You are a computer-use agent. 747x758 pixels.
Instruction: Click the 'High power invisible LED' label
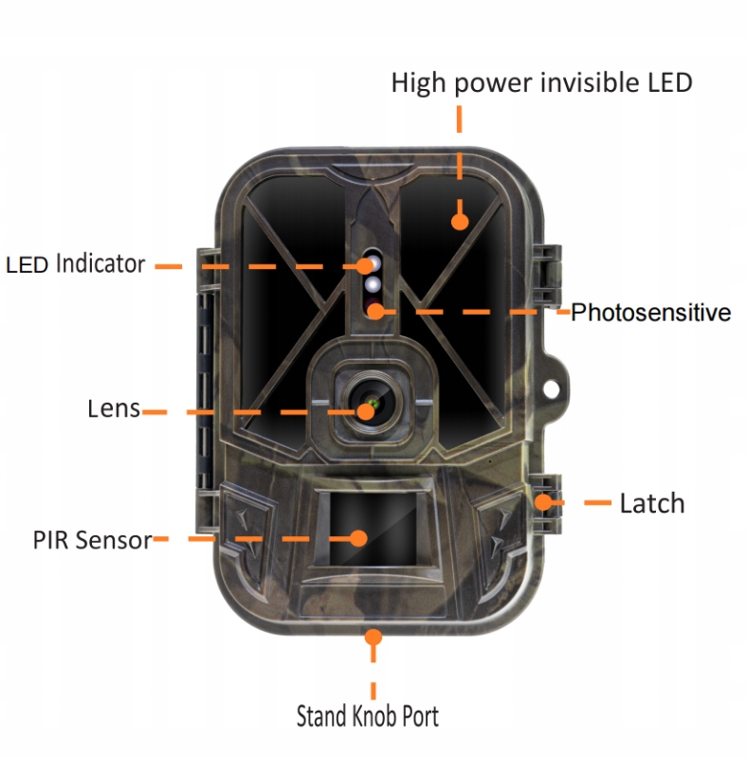(x=541, y=83)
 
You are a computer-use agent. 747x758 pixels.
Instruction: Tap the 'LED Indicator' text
(x=76, y=264)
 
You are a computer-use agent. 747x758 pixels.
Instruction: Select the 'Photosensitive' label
(x=650, y=313)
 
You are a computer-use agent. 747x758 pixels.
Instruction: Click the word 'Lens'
(x=113, y=409)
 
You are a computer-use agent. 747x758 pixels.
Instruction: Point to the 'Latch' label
(x=651, y=503)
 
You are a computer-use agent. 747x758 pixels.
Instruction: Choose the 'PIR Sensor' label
(x=92, y=540)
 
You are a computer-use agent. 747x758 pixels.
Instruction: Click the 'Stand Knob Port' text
(x=368, y=715)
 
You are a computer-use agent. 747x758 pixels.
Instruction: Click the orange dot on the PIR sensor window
(x=358, y=537)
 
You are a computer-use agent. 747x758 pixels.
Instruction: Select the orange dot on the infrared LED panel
(x=460, y=222)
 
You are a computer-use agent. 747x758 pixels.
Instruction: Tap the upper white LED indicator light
(x=372, y=262)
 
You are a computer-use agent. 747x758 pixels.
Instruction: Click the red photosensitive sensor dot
(x=376, y=309)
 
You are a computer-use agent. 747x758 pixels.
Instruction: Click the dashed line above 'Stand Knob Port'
(x=373, y=673)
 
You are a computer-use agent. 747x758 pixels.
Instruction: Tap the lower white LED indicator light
(x=373, y=284)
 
